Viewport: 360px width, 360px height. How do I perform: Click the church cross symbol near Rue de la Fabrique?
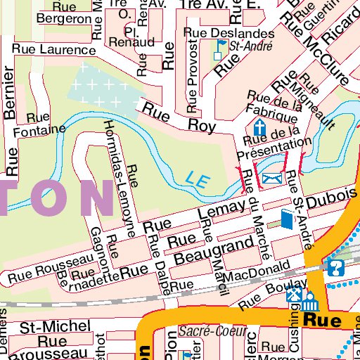coord(260,128)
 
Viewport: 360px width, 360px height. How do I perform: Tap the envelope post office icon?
coord(271,179)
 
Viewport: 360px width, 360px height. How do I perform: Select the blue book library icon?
coord(285,220)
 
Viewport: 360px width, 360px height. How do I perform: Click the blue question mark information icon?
coord(336,267)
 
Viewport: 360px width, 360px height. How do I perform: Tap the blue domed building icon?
coord(311,301)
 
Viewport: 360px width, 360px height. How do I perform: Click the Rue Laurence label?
coord(48,49)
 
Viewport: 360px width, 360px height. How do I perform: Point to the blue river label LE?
coord(199,179)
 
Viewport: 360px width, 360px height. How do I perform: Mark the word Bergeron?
coord(64,18)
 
